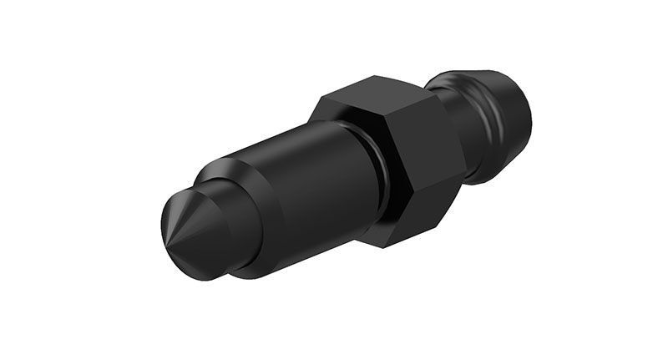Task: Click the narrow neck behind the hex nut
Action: [x=476, y=134]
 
